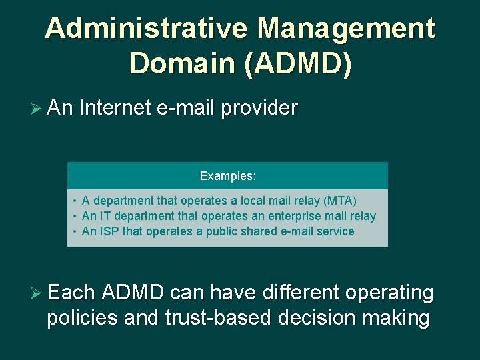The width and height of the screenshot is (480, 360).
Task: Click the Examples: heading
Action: point(228,177)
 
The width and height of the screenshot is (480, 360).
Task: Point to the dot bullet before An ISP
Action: point(75,231)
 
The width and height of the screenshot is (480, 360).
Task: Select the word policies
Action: point(82,318)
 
